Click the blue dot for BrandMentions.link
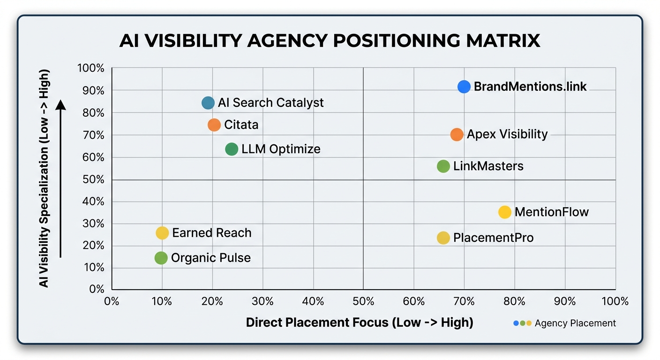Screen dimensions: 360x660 [464, 87]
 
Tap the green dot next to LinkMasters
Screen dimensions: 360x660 [443, 166]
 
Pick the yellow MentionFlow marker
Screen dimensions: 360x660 [504, 212]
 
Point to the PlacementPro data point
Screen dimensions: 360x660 [443, 238]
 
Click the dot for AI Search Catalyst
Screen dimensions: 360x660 [208, 103]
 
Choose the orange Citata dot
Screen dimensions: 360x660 [214, 125]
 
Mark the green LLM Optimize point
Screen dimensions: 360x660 [232, 150]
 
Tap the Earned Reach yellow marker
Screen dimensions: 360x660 [162, 233]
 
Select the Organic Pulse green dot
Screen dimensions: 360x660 [161, 258]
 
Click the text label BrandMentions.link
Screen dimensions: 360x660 [530, 87]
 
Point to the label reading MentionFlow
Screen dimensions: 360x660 [551, 212]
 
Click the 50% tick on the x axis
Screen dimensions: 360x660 [363, 301]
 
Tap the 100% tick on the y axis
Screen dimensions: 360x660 [91, 68]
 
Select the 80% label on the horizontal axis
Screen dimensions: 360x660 [515, 301]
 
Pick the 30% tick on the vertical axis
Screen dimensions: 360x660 [94, 224]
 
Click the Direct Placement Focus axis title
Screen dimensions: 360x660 [360, 322]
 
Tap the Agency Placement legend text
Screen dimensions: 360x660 [575, 323]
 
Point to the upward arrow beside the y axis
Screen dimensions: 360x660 [61, 178]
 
